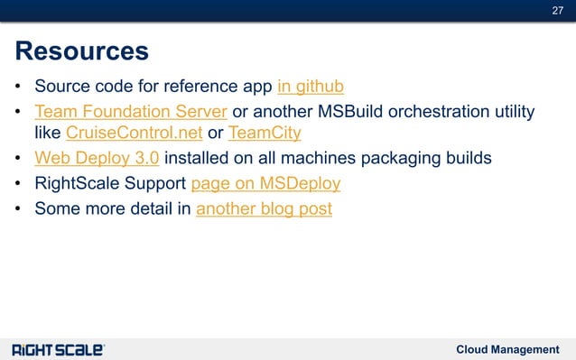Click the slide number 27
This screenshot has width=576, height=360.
click(x=557, y=10)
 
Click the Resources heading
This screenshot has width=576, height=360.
click(x=81, y=50)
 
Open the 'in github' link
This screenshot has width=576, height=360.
click(x=311, y=88)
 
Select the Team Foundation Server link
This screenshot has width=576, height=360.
click(x=130, y=112)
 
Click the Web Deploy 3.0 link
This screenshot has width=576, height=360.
click(x=97, y=159)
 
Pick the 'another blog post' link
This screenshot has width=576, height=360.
click(x=264, y=209)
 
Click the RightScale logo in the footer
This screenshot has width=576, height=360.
click(x=58, y=349)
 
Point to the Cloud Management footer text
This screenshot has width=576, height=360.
click(x=507, y=349)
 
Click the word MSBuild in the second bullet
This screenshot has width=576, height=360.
click(x=344, y=112)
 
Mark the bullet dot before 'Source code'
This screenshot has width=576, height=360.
click(x=18, y=88)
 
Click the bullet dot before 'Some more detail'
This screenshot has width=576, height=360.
click(x=18, y=210)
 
